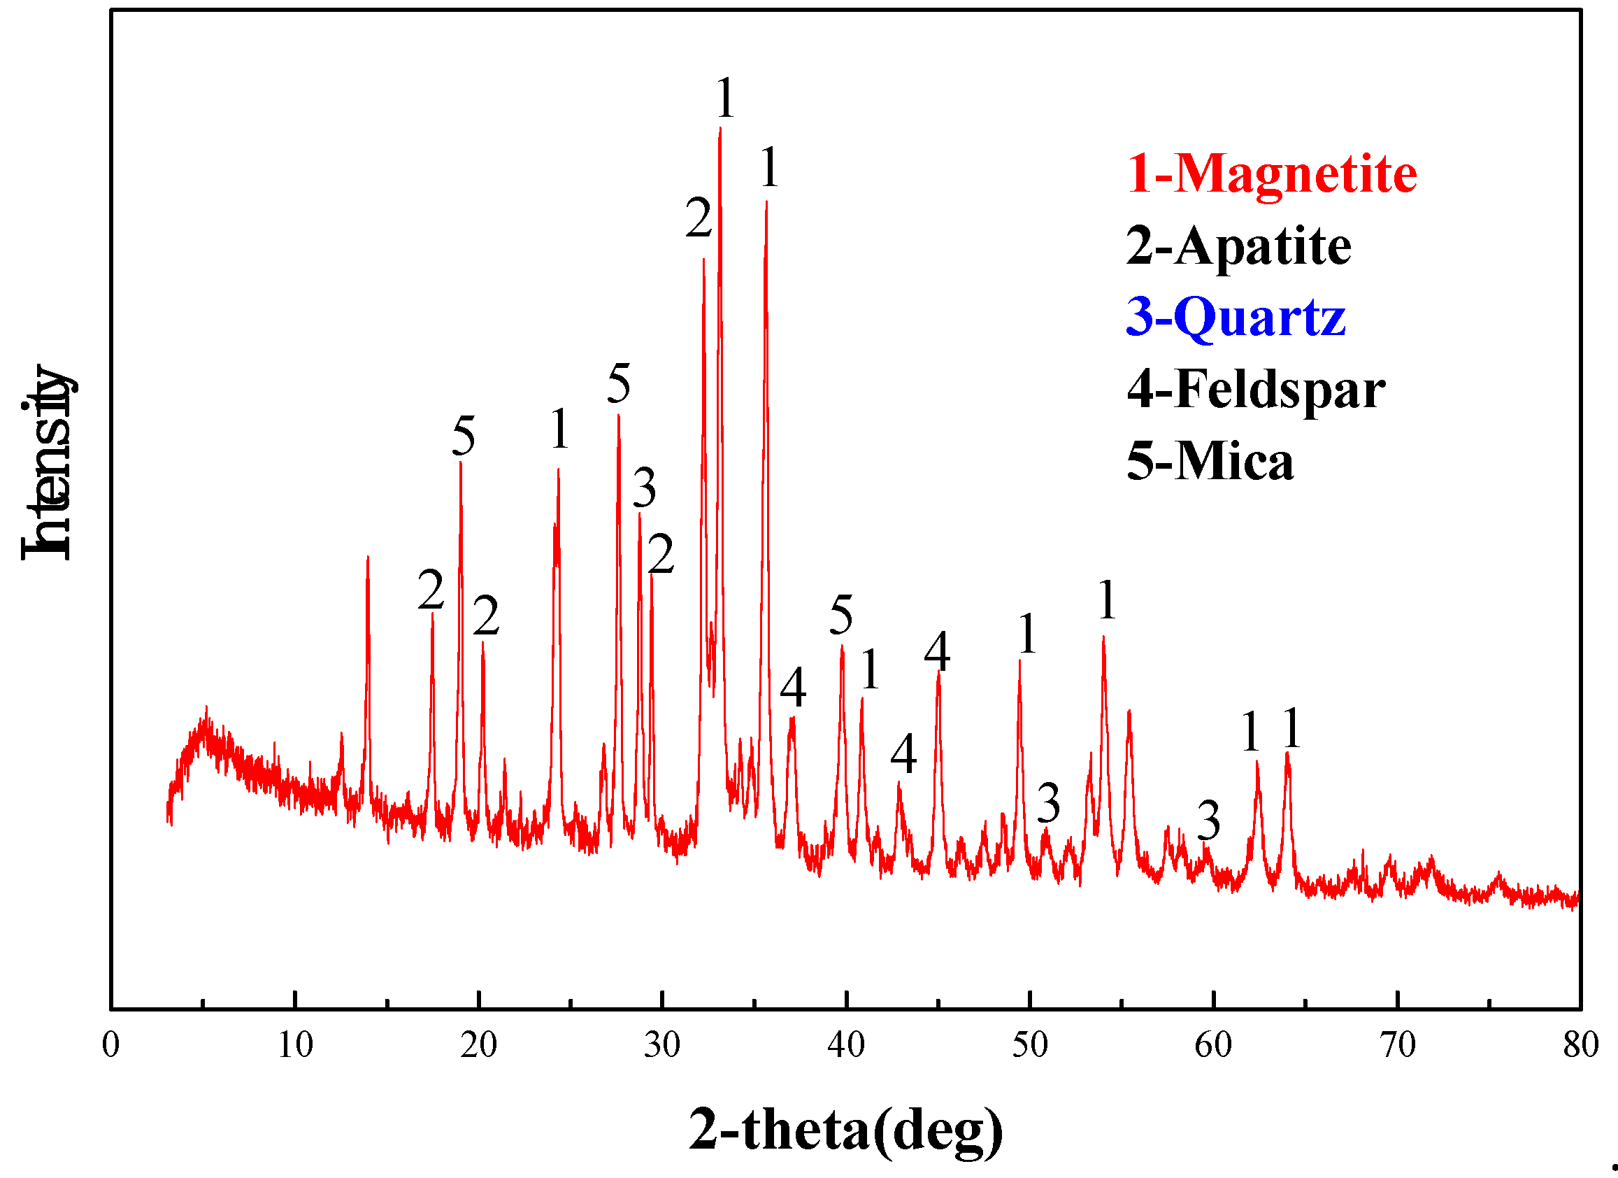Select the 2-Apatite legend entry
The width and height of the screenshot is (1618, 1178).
1238,246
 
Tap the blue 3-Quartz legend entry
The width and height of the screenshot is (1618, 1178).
1236,317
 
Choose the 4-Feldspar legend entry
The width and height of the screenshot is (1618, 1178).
1256,390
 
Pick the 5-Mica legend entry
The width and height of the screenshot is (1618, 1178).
1210,461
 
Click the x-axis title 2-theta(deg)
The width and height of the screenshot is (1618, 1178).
845,1130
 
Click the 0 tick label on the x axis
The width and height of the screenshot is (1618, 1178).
110,1044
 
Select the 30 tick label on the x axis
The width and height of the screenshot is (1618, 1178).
662,1044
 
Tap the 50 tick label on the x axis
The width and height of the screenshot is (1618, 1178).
1029,1044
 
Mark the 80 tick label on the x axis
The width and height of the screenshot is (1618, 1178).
1581,1044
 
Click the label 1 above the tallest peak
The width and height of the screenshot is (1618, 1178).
725,98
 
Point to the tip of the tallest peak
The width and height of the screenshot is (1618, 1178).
719,129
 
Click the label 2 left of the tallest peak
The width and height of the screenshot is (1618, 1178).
699,218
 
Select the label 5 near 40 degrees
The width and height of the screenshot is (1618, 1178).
841,614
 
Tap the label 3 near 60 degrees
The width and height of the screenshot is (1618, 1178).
1208,821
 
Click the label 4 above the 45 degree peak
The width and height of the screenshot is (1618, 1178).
938,651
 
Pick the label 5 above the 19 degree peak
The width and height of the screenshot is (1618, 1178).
463,436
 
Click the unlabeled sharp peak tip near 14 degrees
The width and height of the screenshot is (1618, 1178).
367,558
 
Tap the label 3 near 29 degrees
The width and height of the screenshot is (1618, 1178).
644,488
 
